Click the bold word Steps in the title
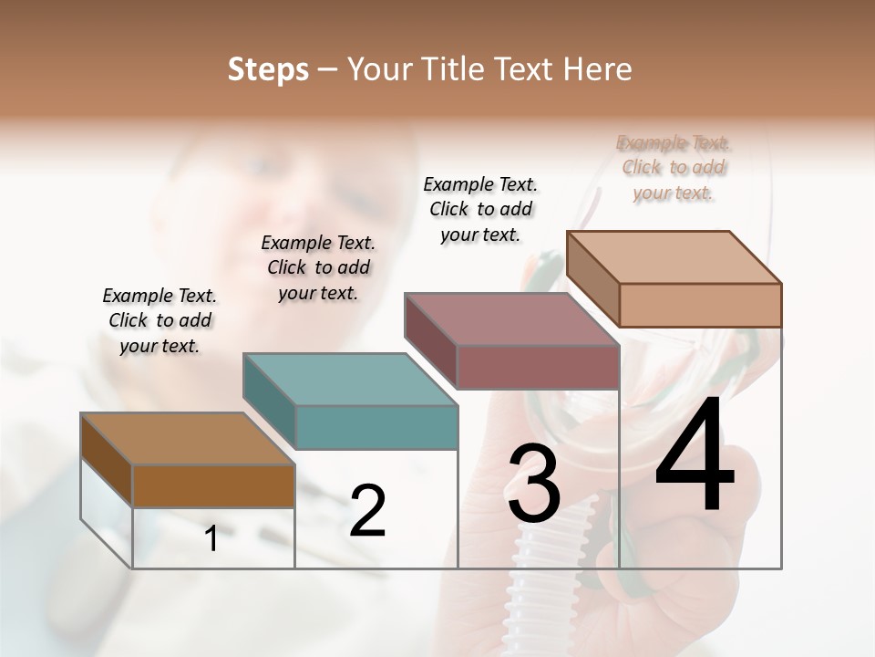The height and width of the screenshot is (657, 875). (x=268, y=69)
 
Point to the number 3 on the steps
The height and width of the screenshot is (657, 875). (x=534, y=484)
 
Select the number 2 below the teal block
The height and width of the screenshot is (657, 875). (x=367, y=510)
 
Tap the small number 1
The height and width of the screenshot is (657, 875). (x=211, y=539)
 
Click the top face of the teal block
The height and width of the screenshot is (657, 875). (x=350, y=379)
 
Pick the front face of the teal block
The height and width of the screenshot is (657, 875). (x=376, y=427)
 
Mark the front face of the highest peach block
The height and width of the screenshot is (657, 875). (x=700, y=305)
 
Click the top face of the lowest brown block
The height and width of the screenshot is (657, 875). (x=188, y=439)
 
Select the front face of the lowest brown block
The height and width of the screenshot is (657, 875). (x=213, y=486)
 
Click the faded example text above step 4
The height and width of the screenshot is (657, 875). (x=674, y=168)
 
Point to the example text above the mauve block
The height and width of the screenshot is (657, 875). (x=480, y=209)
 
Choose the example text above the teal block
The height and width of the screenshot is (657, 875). (x=318, y=267)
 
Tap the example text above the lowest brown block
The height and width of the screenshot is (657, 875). (x=160, y=320)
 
